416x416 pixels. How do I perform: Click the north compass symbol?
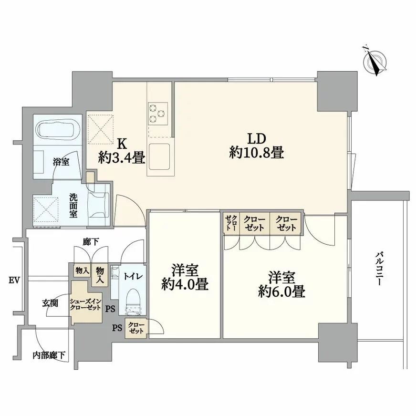point(375,61)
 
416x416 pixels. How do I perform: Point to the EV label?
point(14,280)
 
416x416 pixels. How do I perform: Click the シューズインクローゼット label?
point(85,304)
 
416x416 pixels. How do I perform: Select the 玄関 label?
point(50,302)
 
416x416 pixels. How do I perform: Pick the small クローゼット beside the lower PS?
point(136,329)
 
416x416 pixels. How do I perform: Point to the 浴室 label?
point(61,162)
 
